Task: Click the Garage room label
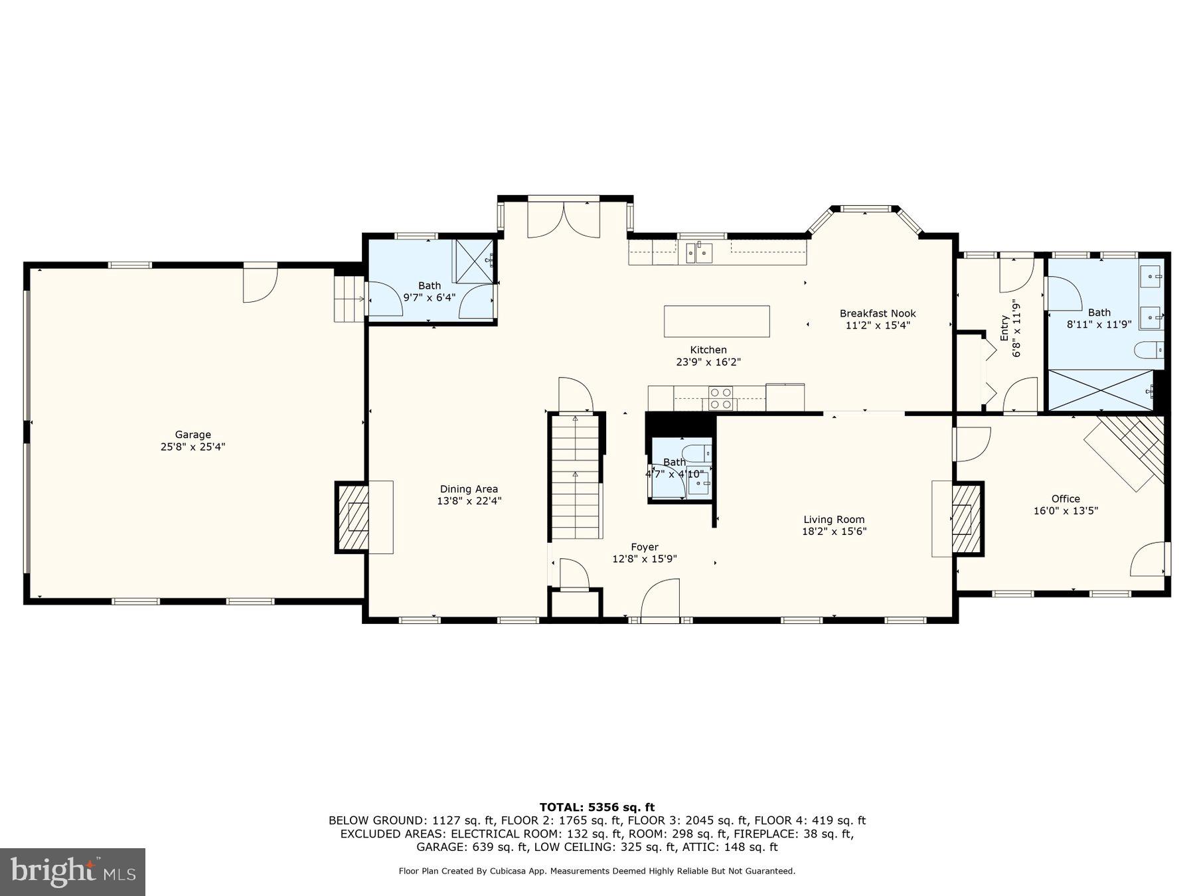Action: tap(193, 435)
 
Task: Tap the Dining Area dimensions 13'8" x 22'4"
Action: tap(469, 502)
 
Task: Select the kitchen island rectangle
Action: tap(716, 321)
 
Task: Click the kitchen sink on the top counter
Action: tap(699, 252)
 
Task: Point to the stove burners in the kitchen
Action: tap(720, 398)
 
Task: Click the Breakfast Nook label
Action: tap(877, 313)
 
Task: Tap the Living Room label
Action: tap(834, 520)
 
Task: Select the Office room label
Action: tap(1065, 498)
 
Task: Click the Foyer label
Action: tap(644, 547)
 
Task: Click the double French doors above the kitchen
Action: tap(564, 220)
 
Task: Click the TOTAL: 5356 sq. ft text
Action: tap(596, 807)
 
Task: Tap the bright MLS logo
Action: tap(72, 871)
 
